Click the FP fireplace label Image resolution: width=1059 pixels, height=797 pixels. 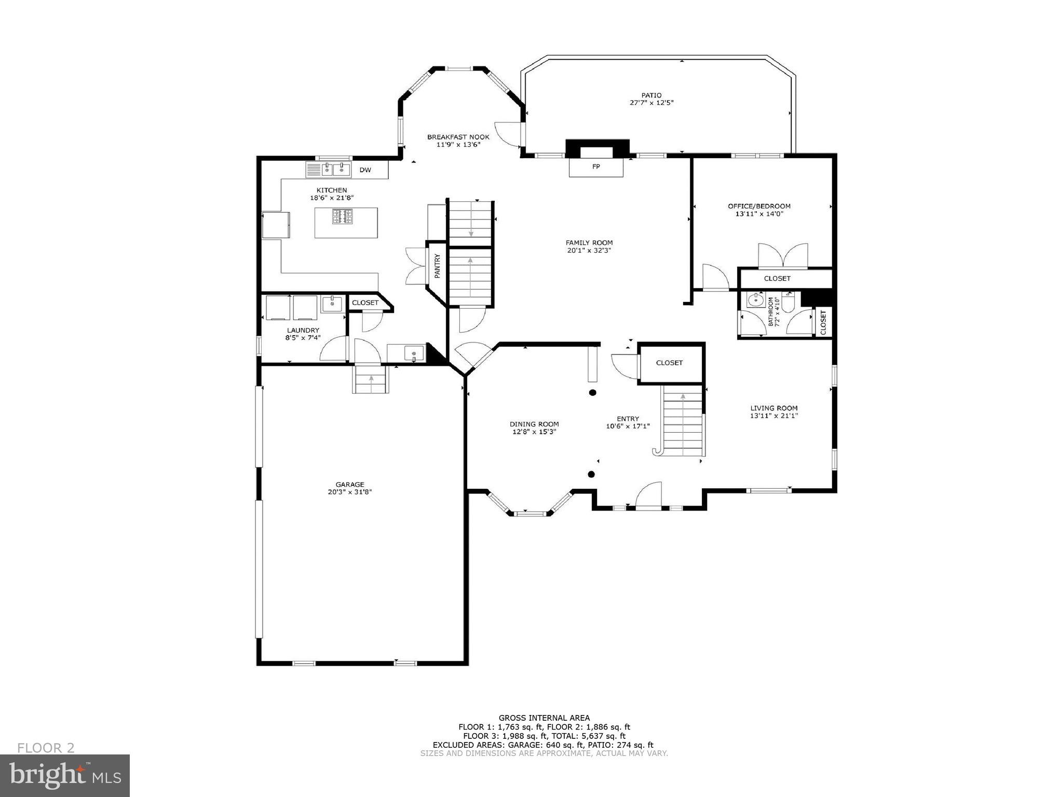596,167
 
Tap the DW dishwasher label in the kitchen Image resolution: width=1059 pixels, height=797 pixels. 365,170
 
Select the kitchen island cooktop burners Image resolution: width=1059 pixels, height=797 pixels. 343,216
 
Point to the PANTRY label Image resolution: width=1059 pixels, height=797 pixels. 437,266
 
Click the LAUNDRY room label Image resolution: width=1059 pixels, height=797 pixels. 303,331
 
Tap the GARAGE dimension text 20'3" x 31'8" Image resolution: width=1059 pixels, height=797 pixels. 350,492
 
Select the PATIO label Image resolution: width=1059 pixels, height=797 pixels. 651,95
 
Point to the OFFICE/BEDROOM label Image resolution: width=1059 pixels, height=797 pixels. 759,206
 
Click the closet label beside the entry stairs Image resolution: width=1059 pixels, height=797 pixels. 669,363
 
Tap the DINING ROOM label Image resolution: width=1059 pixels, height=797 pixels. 534,424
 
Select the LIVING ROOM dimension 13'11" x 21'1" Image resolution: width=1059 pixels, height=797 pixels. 773,416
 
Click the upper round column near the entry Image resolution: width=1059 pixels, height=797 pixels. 592,393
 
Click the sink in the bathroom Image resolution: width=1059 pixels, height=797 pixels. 753,300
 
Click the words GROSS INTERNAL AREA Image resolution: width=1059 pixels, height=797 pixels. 544,718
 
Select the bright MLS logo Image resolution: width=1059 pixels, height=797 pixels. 65,775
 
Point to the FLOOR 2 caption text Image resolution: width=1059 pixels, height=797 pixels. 46,748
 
